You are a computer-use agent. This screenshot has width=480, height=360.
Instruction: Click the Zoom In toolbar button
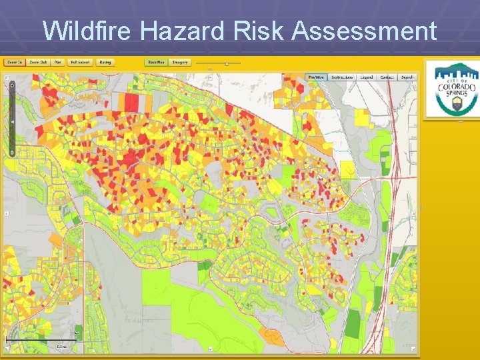(14, 62)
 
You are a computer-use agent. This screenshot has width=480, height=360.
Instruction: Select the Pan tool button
(58, 62)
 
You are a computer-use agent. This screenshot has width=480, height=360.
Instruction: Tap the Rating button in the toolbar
(105, 62)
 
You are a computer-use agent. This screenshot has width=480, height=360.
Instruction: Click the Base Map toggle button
(157, 62)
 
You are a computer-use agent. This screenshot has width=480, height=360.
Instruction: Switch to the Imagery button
(181, 62)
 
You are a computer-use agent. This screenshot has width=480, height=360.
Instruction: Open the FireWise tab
(316, 77)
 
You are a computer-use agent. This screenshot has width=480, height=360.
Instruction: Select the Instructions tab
(342, 77)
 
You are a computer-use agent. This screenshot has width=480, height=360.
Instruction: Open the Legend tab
(367, 77)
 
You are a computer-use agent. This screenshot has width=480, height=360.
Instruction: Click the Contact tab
(387, 77)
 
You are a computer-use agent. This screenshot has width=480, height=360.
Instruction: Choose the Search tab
(407, 77)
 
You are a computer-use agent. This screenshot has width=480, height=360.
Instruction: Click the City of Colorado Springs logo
(452, 89)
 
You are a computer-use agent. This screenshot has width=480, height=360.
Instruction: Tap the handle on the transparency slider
(227, 64)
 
